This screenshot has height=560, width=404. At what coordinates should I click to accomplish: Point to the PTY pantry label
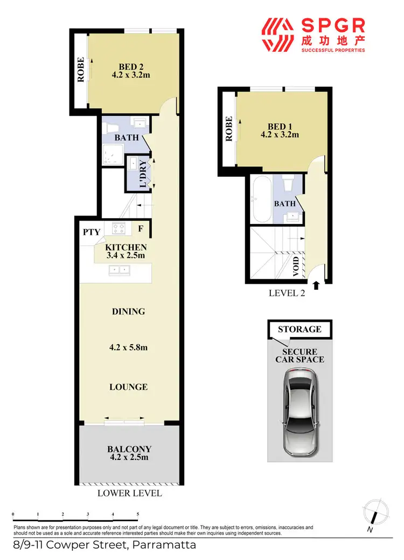tap(92, 232)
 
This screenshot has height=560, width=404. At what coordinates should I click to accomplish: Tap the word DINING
tap(128, 311)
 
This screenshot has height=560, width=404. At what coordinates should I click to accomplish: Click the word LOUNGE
tap(128, 387)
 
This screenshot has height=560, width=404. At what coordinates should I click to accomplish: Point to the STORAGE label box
tap(299, 329)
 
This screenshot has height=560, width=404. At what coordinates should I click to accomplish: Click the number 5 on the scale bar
tap(138, 515)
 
